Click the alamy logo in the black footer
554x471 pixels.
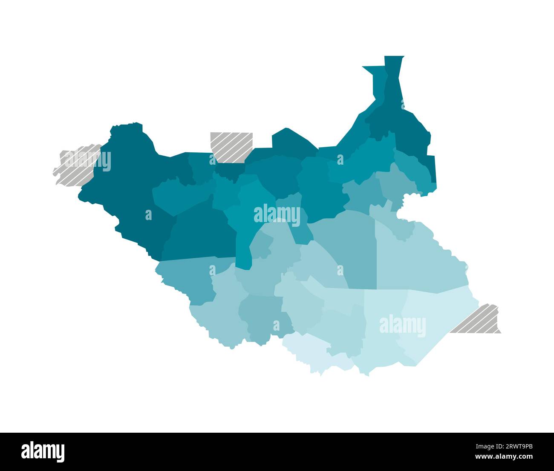pyautogui.click(x=43, y=451)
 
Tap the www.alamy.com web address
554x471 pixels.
pyautogui.click(x=504, y=457)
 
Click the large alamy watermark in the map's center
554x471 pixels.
pyautogui.click(x=277, y=215)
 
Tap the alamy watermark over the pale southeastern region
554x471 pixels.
pyautogui.click(x=402, y=326)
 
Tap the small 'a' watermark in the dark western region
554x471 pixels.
pyautogui.click(x=148, y=215)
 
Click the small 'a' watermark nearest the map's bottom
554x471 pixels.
pyautogui.click(x=276, y=326)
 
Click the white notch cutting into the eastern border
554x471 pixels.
pyautogui.click(x=405, y=208)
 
